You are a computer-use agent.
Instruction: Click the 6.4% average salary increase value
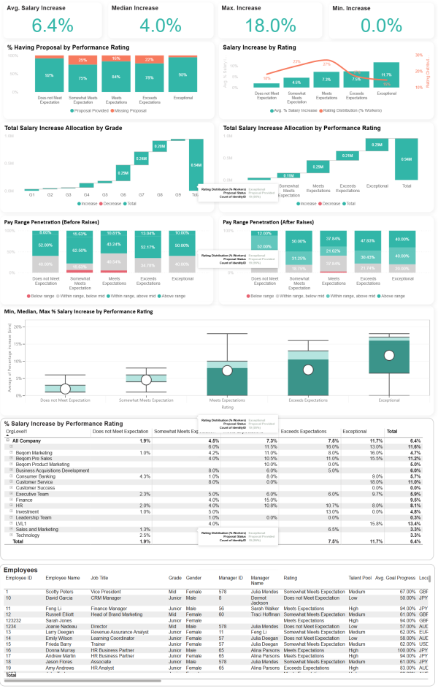coord(53,26)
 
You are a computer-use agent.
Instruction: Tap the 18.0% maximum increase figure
coord(269,26)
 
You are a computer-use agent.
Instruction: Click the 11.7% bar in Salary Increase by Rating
coord(386,75)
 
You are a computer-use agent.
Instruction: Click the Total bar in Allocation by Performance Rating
coord(407,159)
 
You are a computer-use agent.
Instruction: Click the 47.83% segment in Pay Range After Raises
coord(367,240)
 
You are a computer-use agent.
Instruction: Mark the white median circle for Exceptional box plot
coord(389,356)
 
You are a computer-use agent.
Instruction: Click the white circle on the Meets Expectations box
coord(227,370)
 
